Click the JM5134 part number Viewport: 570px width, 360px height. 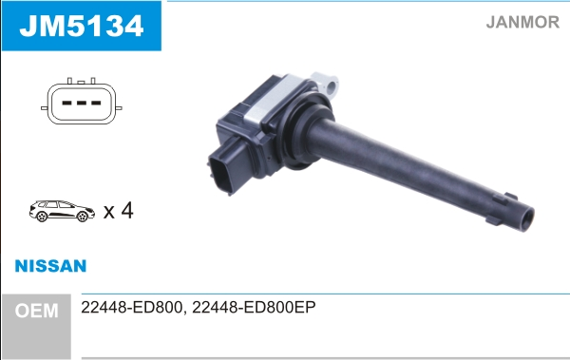82,26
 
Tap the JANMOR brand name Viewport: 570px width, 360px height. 522,22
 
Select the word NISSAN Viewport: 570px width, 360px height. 50,266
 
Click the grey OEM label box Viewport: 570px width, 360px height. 36,326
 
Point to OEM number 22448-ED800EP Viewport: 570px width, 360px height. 254,307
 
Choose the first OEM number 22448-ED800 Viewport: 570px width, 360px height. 132,307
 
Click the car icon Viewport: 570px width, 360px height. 62,211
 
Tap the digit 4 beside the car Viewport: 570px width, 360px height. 127,210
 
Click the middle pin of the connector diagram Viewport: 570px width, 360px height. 82,103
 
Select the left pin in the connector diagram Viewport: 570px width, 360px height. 66,103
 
